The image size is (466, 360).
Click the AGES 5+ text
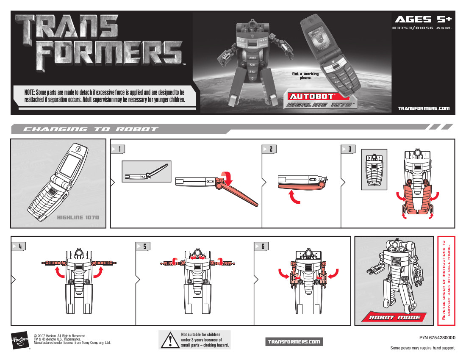(423, 19)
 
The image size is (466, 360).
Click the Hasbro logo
(20, 340)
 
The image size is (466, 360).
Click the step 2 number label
(269, 149)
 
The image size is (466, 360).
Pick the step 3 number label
(348, 149)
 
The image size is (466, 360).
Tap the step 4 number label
(19, 246)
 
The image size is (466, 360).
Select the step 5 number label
(143, 246)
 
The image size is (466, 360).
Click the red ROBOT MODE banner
(394, 317)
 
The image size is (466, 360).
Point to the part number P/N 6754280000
(437, 338)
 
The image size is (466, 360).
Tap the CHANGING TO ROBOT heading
(91, 129)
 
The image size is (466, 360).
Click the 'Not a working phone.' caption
(305, 76)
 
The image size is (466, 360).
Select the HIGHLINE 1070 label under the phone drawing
(78, 218)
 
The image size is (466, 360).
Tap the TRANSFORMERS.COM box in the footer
(294, 342)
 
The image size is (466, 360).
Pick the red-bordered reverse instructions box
(446, 280)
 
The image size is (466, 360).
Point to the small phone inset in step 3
(374, 169)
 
